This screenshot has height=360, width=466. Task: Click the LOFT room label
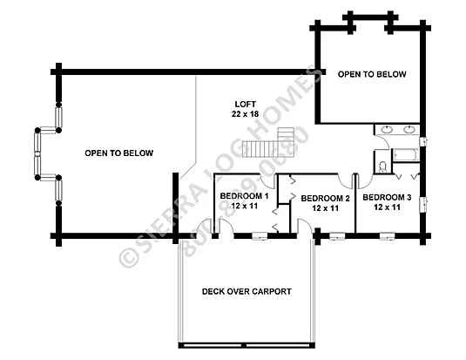point(245,104)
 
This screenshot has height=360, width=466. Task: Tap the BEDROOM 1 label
point(244,196)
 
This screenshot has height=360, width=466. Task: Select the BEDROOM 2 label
point(325,199)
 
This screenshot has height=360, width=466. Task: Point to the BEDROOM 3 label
point(387,197)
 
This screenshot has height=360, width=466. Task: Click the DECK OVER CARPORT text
point(247,291)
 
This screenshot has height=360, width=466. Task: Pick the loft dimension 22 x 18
point(245,114)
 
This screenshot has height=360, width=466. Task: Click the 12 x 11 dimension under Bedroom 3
point(387,207)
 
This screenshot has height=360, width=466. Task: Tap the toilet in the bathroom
point(382,166)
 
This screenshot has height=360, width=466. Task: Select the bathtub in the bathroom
point(406,154)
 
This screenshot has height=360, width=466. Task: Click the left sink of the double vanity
point(387,129)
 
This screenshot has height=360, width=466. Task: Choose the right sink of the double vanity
point(409,129)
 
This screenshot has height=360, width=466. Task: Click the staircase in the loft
point(268,143)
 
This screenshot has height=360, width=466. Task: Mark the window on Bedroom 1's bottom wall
point(260,236)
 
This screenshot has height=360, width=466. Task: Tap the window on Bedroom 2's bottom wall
point(338,236)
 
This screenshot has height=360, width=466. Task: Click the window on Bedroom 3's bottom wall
point(388,236)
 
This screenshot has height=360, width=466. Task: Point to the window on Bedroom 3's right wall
point(423,205)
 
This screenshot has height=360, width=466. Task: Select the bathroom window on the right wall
point(423,142)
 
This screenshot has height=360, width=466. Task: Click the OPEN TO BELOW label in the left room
point(119,153)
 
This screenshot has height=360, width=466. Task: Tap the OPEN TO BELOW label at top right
point(372,74)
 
